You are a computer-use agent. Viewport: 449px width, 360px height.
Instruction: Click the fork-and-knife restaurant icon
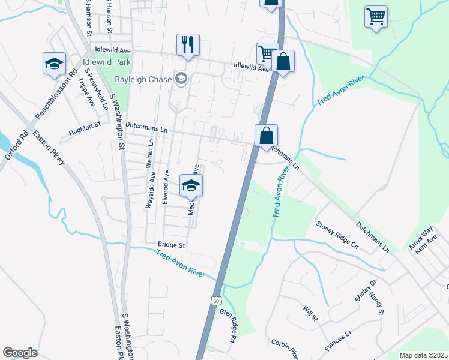(188, 44)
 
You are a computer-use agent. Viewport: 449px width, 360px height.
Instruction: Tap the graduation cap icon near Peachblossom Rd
(54, 64)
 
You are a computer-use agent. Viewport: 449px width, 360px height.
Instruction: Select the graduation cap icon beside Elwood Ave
(191, 185)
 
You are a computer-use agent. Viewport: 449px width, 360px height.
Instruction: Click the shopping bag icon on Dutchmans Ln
(266, 135)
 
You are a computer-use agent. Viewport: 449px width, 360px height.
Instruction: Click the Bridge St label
(172, 245)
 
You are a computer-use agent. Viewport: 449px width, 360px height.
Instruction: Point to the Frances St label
(337, 341)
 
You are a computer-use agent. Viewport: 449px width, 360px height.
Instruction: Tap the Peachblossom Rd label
(56, 95)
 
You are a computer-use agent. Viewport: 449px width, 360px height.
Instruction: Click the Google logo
(20, 353)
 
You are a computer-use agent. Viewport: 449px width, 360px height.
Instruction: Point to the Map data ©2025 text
(423, 355)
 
